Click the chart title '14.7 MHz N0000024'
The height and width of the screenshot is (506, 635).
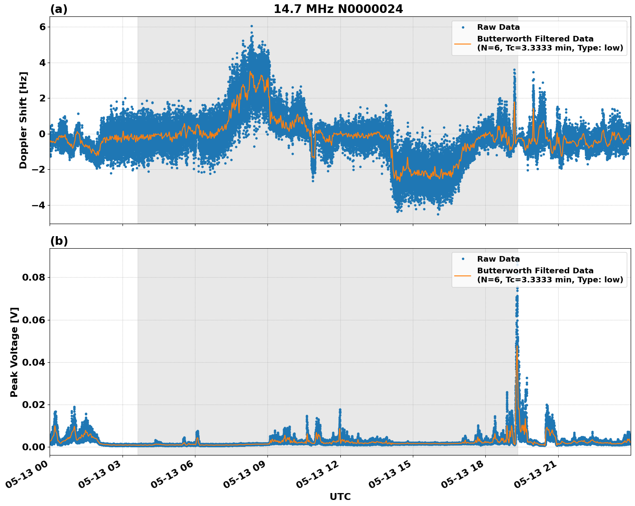pos(338,9)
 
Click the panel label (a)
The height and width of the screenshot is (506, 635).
pos(59,9)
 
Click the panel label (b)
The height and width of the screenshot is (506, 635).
pos(59,241)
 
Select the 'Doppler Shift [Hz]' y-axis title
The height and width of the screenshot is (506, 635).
pos(23,120)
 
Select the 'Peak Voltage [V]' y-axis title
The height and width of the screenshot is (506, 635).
pos(14,352)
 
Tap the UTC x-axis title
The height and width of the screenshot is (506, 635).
pos(340,497)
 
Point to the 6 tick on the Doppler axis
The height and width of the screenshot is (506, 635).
pos(42,27)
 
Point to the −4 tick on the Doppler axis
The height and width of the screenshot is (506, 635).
pos(39,205)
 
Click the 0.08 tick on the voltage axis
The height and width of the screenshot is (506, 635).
pos(34,277)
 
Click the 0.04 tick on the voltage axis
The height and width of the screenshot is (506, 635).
pos(34,362)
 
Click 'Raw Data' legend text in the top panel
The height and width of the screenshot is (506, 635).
pos(498,27)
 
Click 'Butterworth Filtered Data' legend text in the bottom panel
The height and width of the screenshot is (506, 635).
pos(535,271)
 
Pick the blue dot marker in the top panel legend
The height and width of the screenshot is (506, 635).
pos(463,27)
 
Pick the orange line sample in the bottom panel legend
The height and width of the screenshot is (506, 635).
pos(463,275)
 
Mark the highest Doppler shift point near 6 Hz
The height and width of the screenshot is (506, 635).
pos(251,26)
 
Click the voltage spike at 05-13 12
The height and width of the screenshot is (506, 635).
pos(340,410)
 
